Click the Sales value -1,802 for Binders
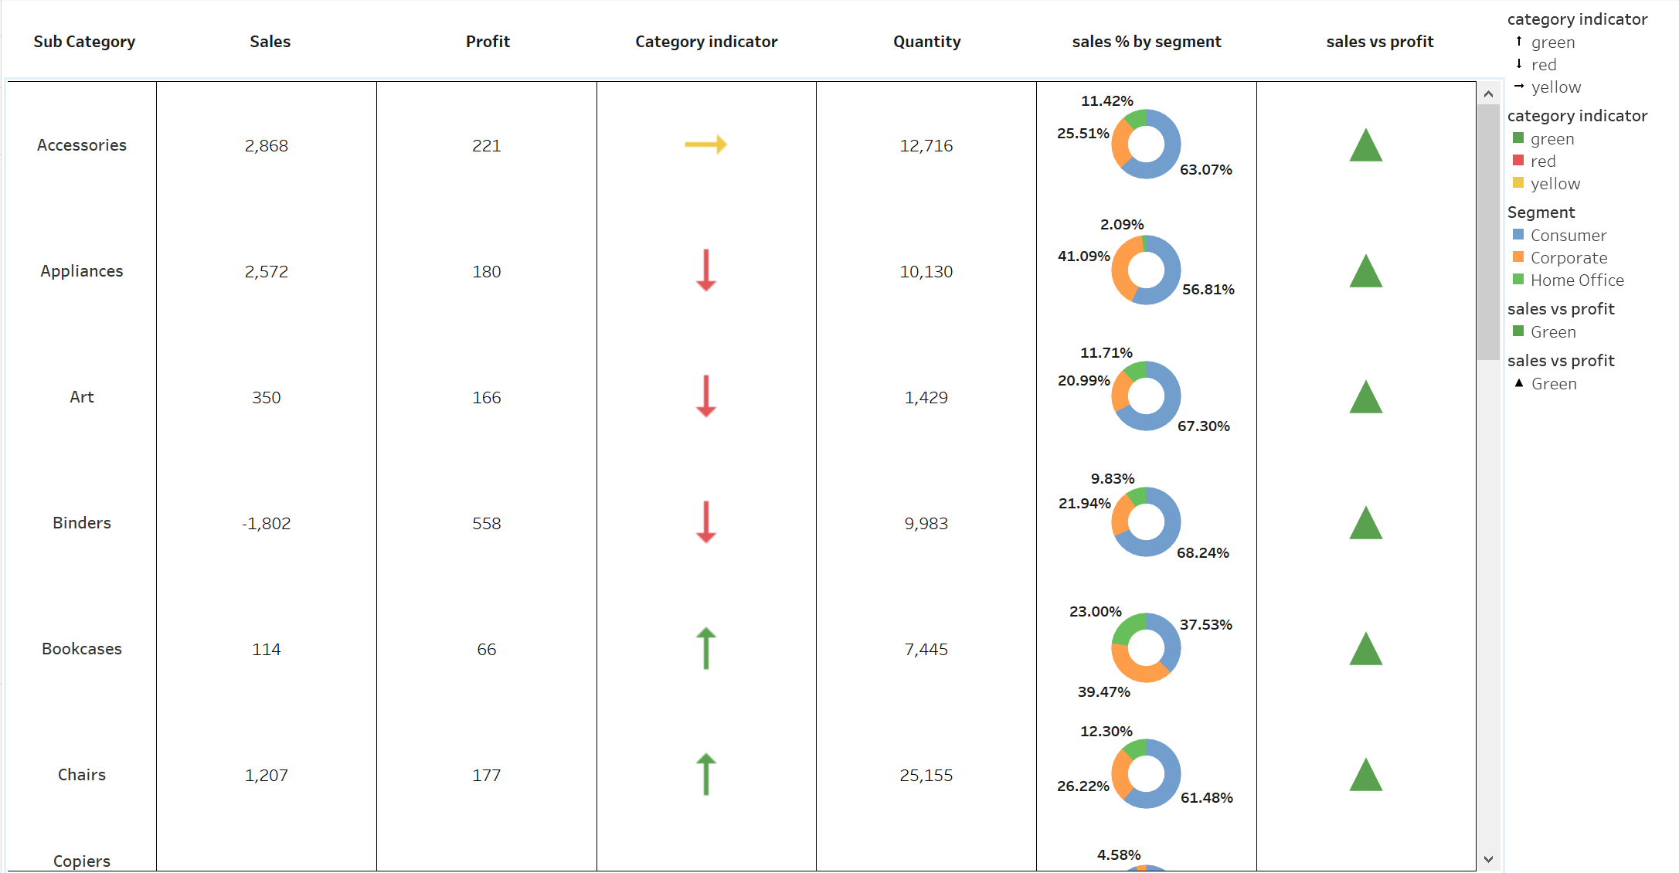[x=267, y=524]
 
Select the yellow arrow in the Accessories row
[x=705, y=144]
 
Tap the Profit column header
[x=488, y=42]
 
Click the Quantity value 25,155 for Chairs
[x=926, y=775]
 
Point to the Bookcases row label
[x=82, y=649]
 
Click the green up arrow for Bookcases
[x=705, y=648]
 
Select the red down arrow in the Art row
[x=705, y=396]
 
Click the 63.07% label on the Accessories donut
[x=1205, y=169]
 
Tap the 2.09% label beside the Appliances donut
[x=1122, y=224]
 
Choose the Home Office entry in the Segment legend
[x=1576, y=280]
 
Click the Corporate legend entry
[x=1569, y=258]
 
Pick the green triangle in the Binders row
[x=1365, y=523]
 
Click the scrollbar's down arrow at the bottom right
[x=1488, y=859]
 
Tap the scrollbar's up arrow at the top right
[x=1488, y=93]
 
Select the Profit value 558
[x=487, y=524]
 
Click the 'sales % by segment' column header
[x=1146, y=42]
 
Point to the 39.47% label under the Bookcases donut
[x=1103, y=691]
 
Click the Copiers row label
[x=82, y=861]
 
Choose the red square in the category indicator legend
[x=1518, y=161]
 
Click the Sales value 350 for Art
[x=267, y=398]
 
